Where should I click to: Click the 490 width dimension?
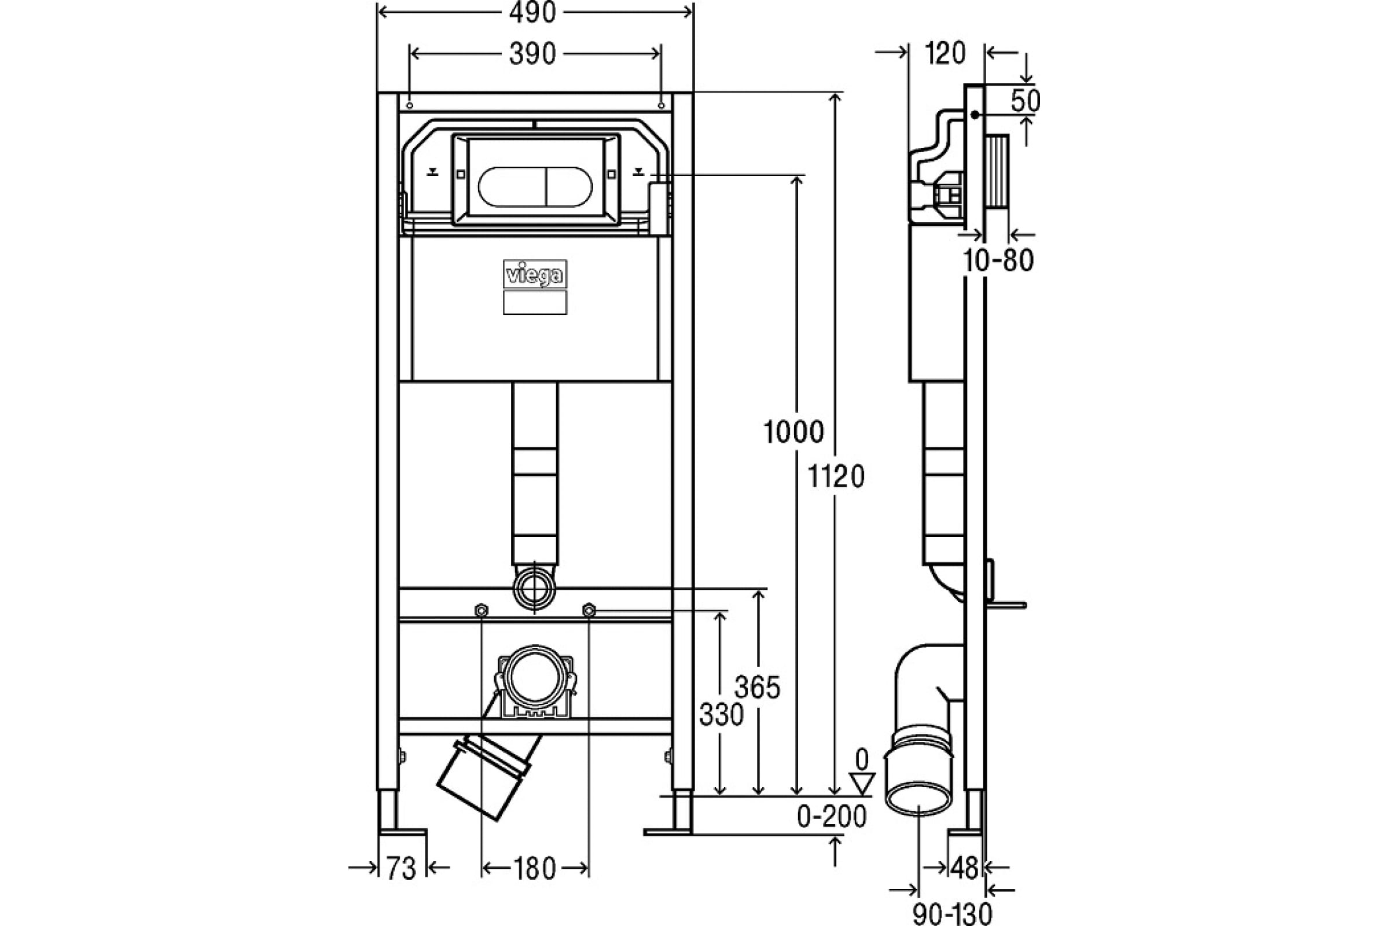[x=532, y=12]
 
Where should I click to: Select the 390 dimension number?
[x=532, y=54]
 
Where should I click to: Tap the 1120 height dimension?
[x=836, y=476]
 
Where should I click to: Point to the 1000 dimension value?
[x=793, y=432]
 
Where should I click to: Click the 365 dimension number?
[x=758, y=688]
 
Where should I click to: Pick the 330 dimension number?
[x=721, y=715]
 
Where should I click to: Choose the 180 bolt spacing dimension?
[x=534, y=869]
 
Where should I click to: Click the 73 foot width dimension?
[x=402, y=868]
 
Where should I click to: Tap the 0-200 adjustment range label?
[x=832, y=817]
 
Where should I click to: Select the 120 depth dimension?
[x=946, y=54]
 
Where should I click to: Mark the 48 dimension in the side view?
[x=965, y=868]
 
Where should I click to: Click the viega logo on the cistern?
[x=535, y=274]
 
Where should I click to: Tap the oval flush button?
[x=535, y=186]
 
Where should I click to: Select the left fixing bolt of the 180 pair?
[x=482, y=609]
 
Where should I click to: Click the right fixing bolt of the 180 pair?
[x=589, y=609]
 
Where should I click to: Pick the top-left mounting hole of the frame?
[x=409, y=106]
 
